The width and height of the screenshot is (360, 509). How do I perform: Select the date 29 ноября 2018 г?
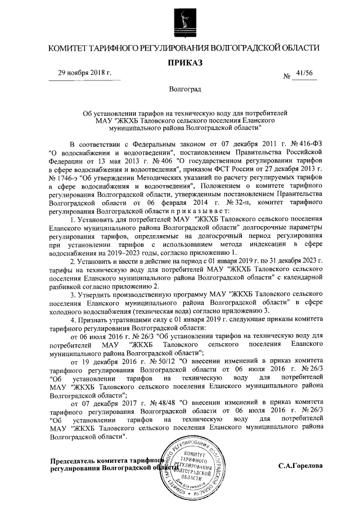coord(85,73)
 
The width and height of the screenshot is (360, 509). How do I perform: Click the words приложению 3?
coord(243,310)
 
